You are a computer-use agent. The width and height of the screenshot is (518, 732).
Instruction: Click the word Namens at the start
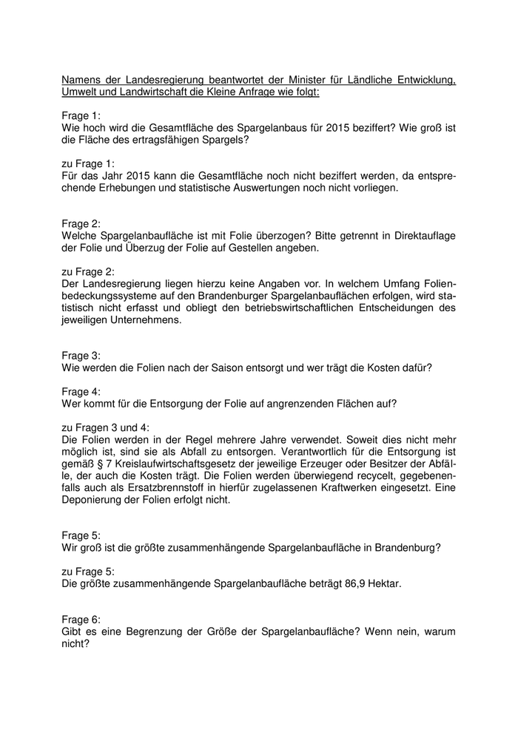coord(81,79)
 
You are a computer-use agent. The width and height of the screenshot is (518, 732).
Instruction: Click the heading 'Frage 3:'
coord(81,355)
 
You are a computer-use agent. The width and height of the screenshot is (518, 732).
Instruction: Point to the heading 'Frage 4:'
coord(81,391)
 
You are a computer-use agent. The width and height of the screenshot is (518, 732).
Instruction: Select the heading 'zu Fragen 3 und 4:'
coord(105,427)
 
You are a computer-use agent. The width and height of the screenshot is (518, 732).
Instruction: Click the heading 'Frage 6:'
coord(81,619)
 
